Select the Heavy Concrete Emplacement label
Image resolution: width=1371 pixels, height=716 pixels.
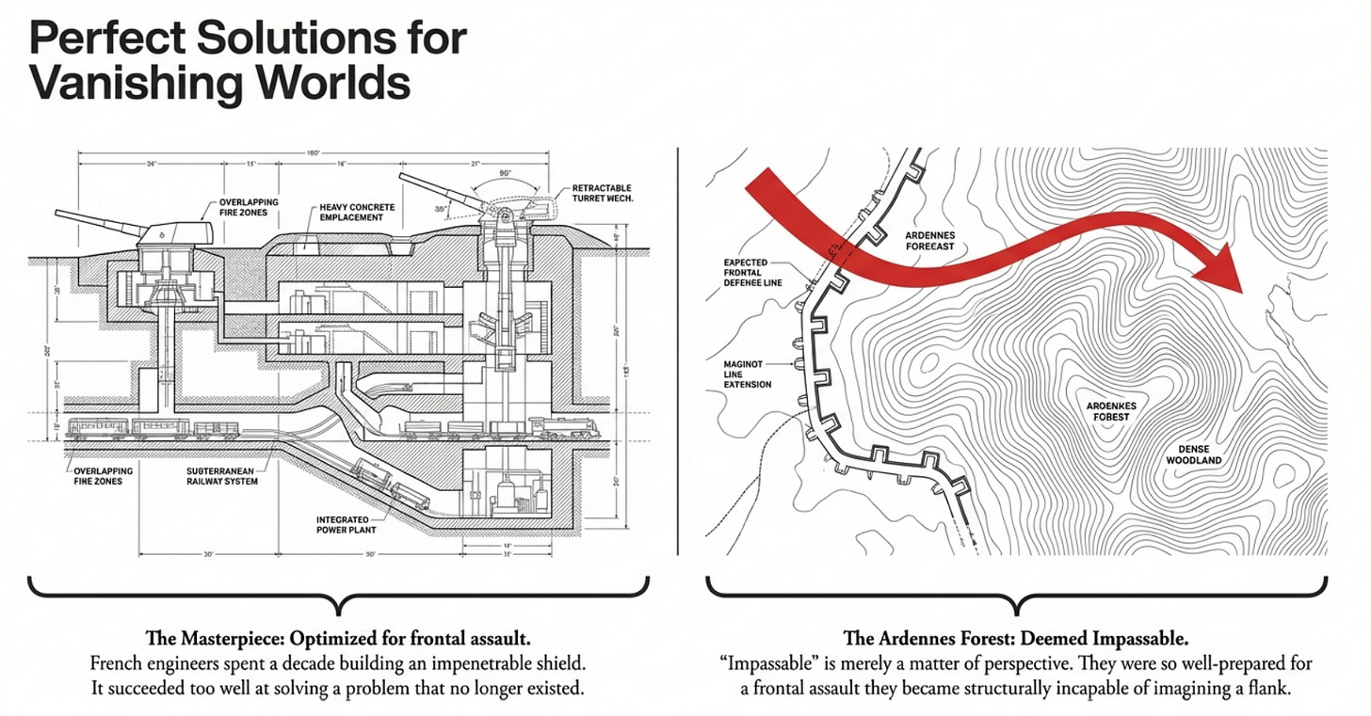tap(358, 212)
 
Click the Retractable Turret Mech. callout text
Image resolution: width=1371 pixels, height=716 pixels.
tap(602, 194)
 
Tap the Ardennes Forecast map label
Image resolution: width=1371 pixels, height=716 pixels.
tap(929, 240)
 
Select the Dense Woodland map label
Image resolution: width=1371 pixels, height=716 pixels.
tap(1193, 454)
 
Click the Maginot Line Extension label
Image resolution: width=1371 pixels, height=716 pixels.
tap(748, 373)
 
